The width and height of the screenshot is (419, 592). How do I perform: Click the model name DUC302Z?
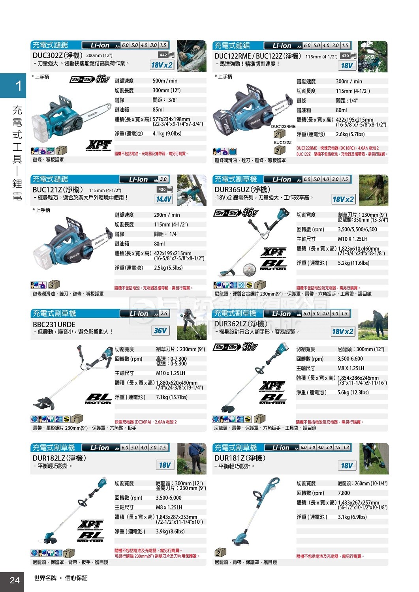point(47,56)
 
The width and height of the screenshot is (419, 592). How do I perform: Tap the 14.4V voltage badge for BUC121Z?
point(163,199)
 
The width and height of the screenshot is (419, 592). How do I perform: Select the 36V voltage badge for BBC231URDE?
point(160,331)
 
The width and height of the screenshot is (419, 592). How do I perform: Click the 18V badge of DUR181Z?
point(347,466)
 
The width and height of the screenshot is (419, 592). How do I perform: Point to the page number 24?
point(15,580)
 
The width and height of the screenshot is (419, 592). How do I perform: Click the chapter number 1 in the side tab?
point(18,86)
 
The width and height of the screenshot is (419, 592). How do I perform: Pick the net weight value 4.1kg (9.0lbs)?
point(167,134)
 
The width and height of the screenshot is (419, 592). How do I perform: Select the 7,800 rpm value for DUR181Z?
point(344,493)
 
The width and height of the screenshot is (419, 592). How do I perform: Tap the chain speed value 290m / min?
point(167,215)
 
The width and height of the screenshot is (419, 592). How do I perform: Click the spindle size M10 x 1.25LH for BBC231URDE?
point(171,373)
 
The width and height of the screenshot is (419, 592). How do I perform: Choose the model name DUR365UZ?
point(233,190)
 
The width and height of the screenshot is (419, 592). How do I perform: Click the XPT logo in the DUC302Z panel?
point(98,145)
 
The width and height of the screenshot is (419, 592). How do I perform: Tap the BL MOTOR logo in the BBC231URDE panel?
point(98,399)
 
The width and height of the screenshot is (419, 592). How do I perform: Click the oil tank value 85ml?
point(158,110)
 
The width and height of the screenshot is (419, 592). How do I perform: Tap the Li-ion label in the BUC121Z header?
point(138,180)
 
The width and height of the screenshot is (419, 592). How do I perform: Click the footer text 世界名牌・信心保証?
point(61,578)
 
